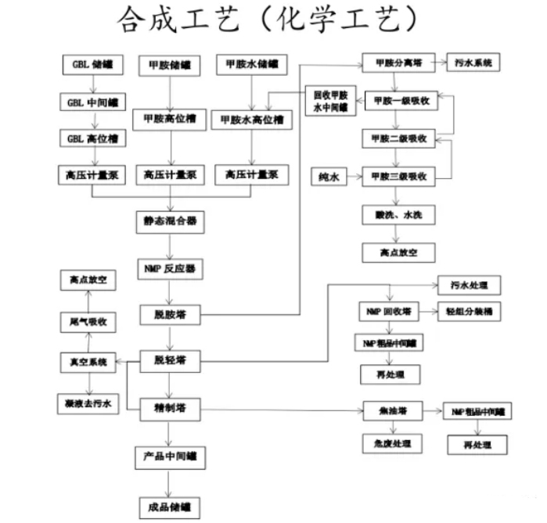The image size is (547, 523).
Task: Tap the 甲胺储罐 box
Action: point(168,66)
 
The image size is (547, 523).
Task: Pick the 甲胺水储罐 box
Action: point(250,66)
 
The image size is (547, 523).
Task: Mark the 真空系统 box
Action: point(87,362)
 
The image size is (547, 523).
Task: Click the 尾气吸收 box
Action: point(87,321)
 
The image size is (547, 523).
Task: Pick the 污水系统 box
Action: point(473,63)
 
